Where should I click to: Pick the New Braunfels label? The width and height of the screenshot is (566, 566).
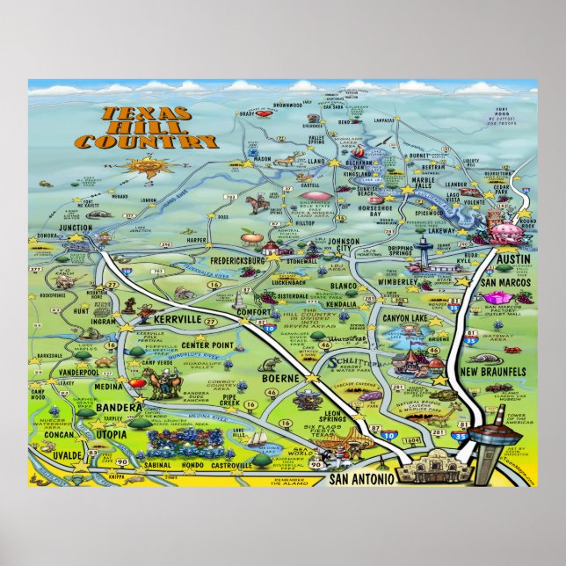(x=493, y=372)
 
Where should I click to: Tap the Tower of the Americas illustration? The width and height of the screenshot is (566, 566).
(x=485, y=439)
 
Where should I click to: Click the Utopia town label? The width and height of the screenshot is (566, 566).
(x=113, y=435)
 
